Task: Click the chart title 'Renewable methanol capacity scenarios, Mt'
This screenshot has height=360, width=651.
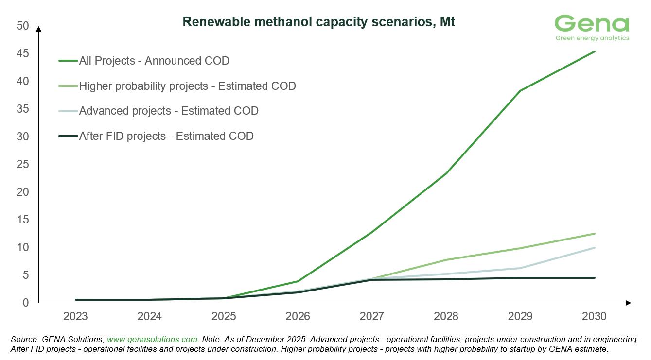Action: tap(318, 22)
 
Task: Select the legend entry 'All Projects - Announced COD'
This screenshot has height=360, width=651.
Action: tap(154, 61)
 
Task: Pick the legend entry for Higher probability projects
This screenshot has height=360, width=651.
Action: tap(187, 86)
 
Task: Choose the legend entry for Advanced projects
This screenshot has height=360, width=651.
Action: tap(168, 111)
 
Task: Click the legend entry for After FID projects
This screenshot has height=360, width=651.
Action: tap(166, 136)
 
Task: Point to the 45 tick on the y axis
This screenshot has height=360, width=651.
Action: tap(23, 53)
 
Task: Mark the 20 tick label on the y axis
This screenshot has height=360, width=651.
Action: tap(23, 192)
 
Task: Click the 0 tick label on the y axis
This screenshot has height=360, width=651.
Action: tap(26, 303)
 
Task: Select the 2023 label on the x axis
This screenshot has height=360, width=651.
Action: tap(75, 317)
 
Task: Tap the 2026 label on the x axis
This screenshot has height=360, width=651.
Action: tap(298, 317)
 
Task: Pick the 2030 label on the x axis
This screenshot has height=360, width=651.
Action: tap(594, 317)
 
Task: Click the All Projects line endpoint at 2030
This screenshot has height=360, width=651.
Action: tap(594, 51)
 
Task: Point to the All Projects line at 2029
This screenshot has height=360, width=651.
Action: tap(520, 91)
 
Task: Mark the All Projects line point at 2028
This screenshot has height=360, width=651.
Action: tap(446, 173)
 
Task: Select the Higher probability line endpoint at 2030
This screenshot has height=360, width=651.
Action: tap(594, 234)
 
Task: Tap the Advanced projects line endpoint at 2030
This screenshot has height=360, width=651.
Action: tap(594, 248)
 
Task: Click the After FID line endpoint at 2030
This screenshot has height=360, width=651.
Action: tap(594, 278)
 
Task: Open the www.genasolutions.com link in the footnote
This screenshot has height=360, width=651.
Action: tap(153, 340)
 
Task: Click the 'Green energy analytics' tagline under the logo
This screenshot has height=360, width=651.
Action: tap(592, 38)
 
